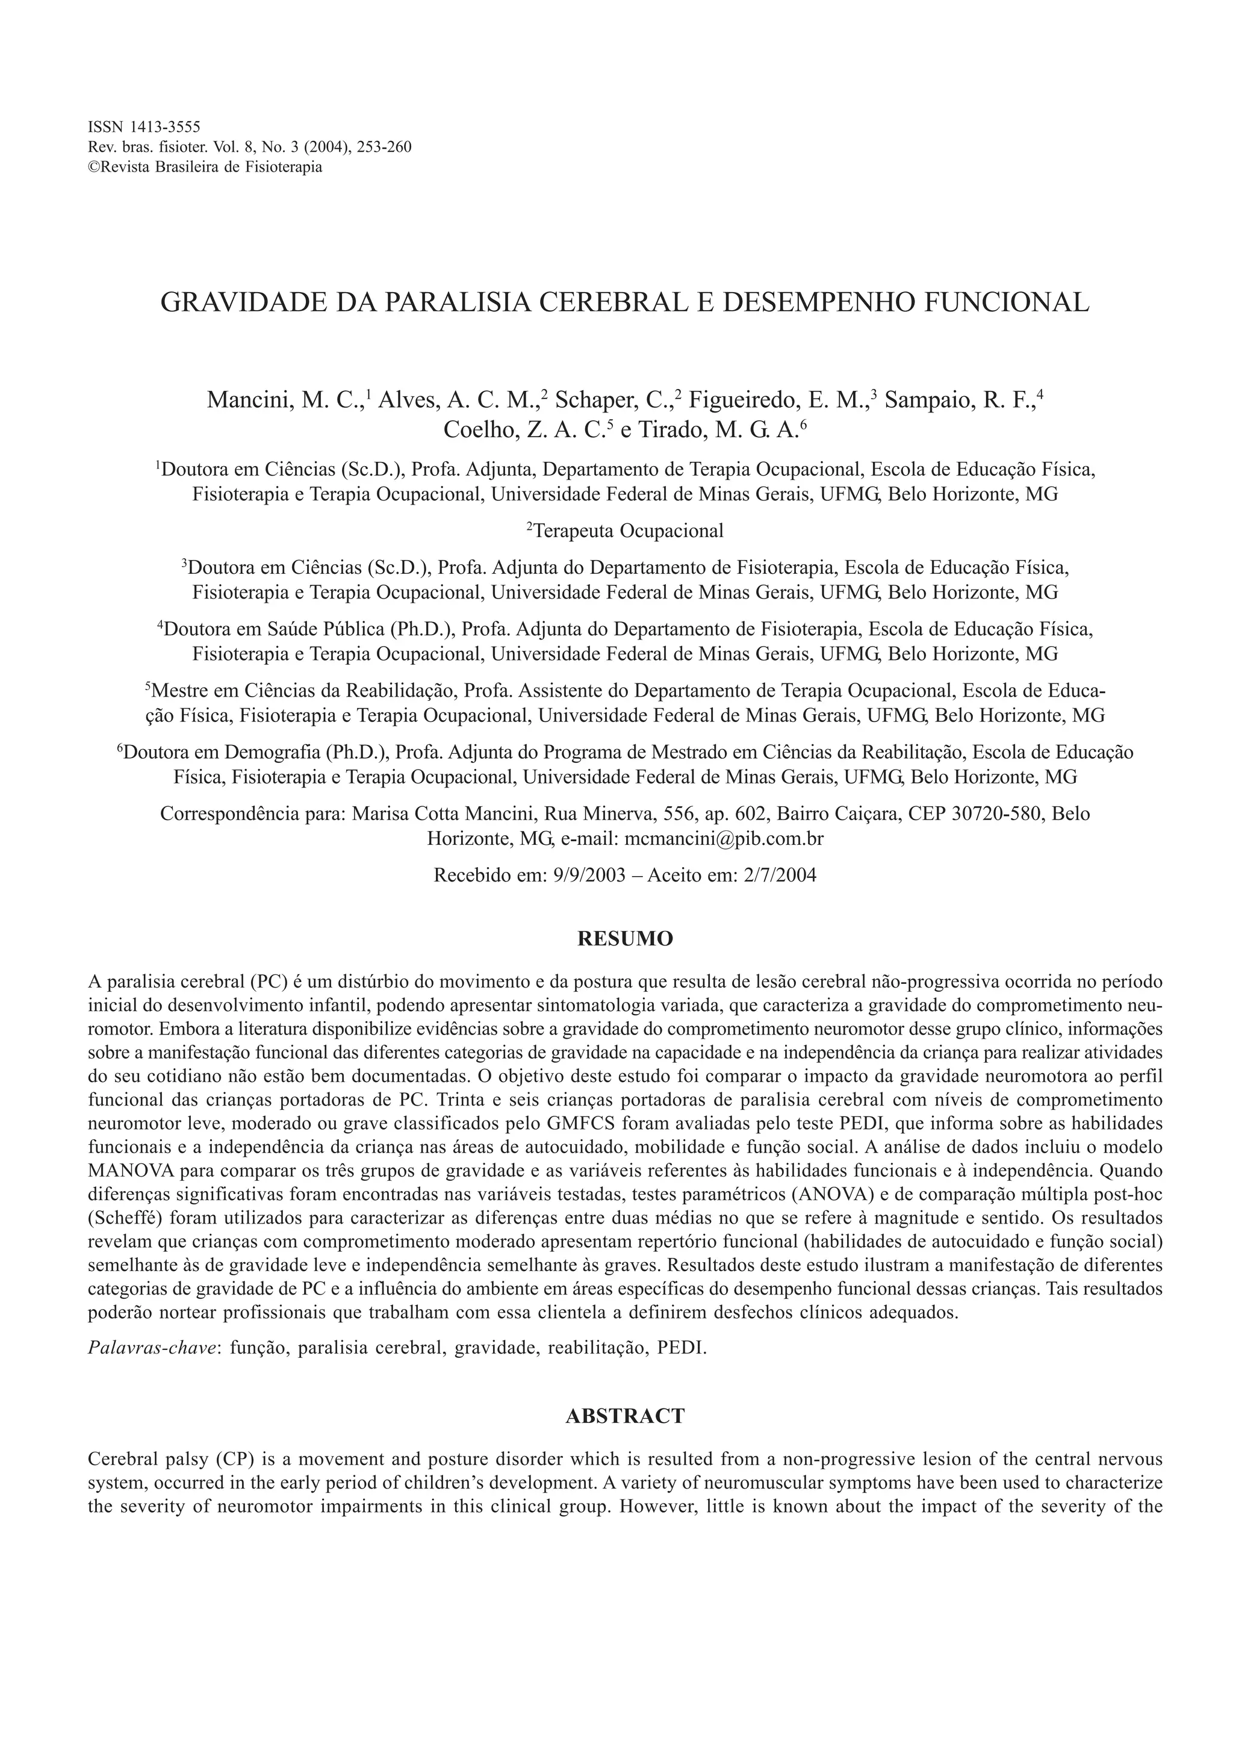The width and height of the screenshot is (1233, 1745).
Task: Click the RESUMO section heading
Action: click(626, 939)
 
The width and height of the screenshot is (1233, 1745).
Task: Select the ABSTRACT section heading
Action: click(626, 1416)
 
